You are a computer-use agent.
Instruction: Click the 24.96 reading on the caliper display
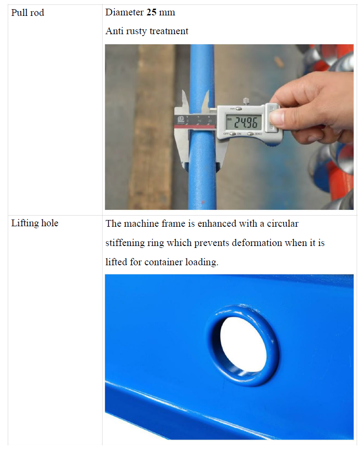click(245, 122)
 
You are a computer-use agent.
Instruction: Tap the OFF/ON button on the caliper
click(233, 134)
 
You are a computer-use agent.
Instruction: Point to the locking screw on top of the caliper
click(246, 101)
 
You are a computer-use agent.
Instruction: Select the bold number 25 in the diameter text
click(151, 12)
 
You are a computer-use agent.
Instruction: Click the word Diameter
click(124, 12)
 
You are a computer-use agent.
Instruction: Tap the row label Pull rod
click(28, 13)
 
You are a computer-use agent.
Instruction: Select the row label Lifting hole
click(35, 223)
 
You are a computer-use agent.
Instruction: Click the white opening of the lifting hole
click(243, 344)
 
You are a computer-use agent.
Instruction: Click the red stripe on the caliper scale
click(195, 126)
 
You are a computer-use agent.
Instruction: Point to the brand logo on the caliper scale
click(181, 119)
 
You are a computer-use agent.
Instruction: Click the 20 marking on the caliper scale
click(210, 121)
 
